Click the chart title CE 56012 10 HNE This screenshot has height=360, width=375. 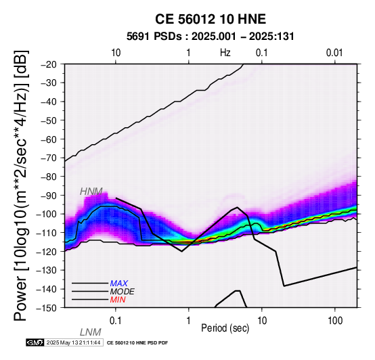point(211,19)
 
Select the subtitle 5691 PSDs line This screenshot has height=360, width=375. point(211,37)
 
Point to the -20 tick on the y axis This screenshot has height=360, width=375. point(49,64)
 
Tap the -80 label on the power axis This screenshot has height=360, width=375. point(49,177)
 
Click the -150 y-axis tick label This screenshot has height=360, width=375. point(47,308)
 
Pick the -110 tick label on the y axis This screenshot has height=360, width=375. point(47,233)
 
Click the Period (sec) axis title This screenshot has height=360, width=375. point(225,328)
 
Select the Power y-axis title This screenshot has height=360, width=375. point(20,185)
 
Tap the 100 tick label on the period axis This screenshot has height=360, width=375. point(335,321)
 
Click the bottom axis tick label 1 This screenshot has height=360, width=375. point(188,321)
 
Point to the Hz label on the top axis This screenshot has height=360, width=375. point(225,53)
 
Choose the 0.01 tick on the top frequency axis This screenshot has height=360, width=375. point(334,53)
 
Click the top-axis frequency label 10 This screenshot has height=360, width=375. point(116,53)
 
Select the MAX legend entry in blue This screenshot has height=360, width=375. point(119,284)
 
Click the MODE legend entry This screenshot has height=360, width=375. point(123,292)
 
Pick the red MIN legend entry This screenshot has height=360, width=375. point(118,300)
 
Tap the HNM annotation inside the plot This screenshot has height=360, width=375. point(91,192)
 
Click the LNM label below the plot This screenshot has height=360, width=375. point(91,332)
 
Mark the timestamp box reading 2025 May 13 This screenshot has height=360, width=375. point(74,343)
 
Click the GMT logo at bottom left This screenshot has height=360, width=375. point(35,343)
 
